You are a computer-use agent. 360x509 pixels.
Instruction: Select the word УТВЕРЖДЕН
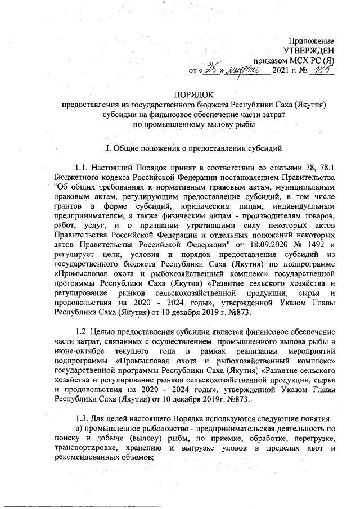pyautogui.click(x=308, y=51)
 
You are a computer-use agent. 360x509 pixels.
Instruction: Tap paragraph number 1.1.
pyautogui.click(x=83, y=168)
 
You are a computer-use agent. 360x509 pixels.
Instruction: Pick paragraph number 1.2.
pyautogui.click(x=83, y=332)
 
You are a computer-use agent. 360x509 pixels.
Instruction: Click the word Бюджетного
pyautogui.click(x=76, y=177)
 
